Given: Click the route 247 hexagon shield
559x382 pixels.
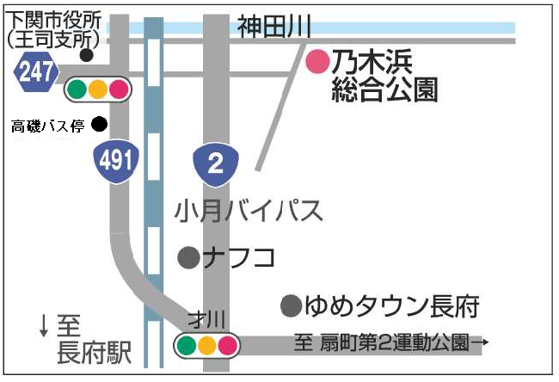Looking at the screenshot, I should click(x=35, y=73).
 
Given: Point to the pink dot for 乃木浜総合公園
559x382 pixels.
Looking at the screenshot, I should click(x=318, y=61).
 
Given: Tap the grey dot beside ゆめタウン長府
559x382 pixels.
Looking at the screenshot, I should click(x=292, y=305).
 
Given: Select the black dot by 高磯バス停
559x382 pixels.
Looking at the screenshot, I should click(x=99, y=124).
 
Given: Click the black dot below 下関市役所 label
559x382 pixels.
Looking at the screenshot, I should click(x=85, y=55).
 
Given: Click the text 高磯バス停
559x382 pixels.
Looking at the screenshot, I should click(x=47, y=126).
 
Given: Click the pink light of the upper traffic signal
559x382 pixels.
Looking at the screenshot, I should click(x=118, y=88).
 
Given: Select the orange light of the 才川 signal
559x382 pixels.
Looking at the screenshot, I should click(x=207, y=346).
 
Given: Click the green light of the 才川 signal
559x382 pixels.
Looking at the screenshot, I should click(x=187, y=346).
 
